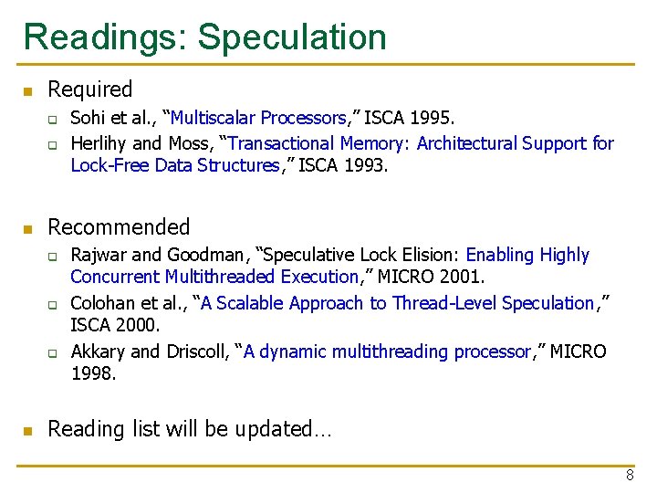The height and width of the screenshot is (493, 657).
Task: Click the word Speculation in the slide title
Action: (x=292, y=37)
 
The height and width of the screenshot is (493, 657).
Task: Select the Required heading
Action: (x=89, y=89)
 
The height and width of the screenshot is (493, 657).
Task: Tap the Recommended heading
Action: (x=119, y=227)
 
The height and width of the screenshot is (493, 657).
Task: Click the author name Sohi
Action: (x=87, y=118)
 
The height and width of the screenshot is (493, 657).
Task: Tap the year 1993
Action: (x=368, y=166)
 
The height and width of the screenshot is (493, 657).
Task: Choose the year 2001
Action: (x=465, y=277)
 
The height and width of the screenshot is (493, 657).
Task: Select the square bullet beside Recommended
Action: (x=28, y=228)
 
